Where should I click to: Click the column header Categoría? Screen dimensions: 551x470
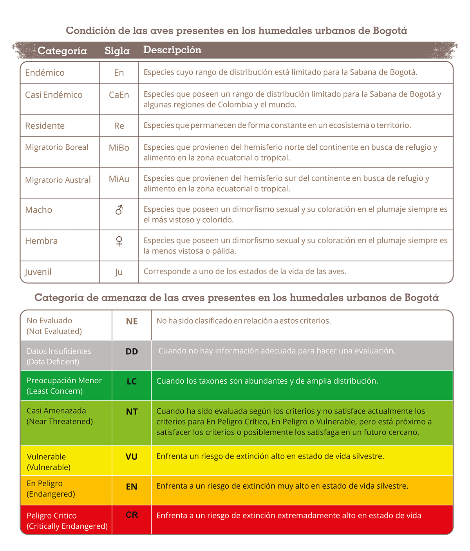point(62,51)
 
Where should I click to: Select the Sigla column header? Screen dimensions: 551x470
point(117,51)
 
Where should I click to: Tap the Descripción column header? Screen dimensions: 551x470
point(172,50)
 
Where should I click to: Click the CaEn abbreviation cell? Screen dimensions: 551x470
point(119,95)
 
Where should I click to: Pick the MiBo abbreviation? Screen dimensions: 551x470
point(119,148)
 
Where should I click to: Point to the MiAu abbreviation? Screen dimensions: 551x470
point(119,179)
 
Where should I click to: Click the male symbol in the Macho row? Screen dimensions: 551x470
point(119,210)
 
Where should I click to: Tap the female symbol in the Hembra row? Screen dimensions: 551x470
point(119,241)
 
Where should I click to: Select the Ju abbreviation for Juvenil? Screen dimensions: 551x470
point(119,272)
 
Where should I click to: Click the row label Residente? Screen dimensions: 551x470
point(45,126)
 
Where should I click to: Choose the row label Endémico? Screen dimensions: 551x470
point(45,73)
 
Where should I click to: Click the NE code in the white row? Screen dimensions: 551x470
point(132,321)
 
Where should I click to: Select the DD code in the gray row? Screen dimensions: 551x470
point(132,352)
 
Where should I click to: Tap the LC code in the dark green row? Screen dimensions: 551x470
point(132,381)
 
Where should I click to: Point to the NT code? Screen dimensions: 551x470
point(132,411)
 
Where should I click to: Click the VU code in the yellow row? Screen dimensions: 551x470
point(132,457)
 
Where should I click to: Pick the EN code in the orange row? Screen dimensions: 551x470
point(132,487)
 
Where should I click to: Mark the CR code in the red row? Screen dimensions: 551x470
point(132,515)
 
